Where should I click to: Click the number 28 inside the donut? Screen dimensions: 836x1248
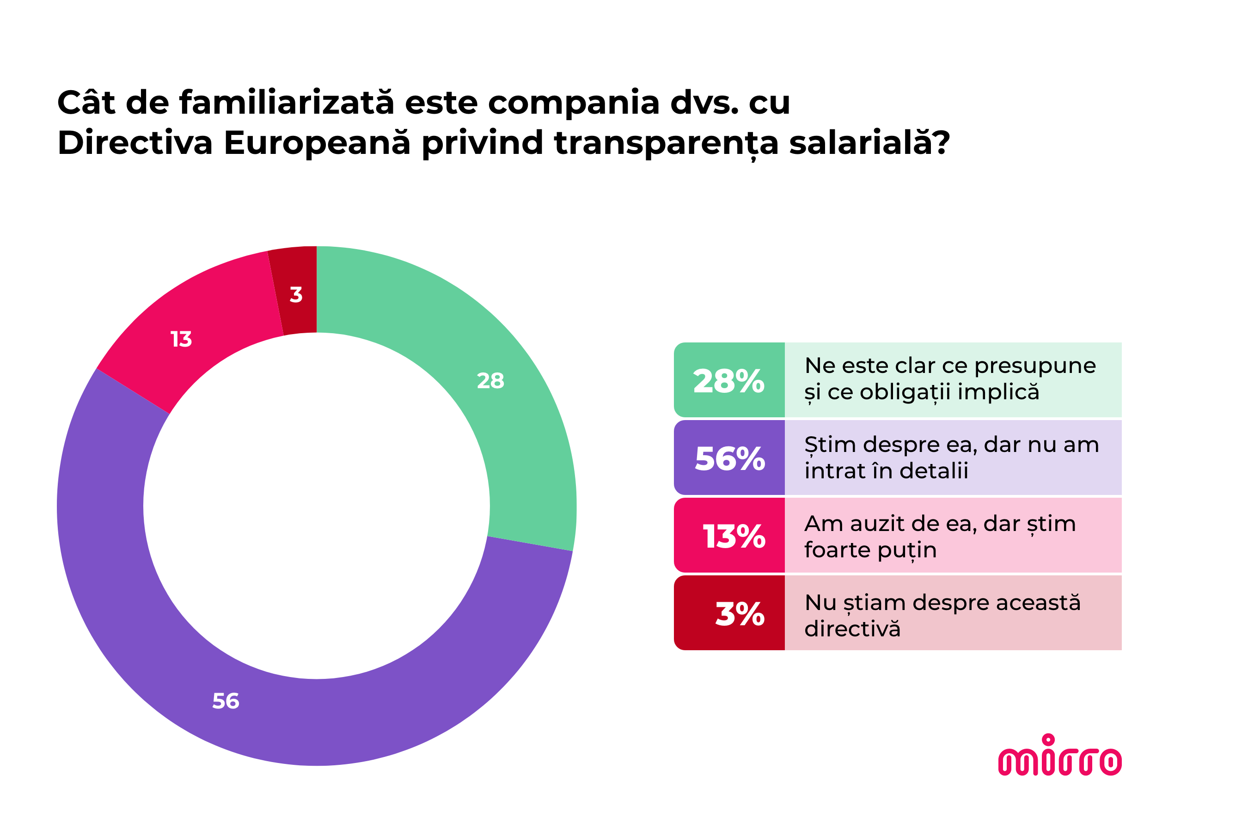490,381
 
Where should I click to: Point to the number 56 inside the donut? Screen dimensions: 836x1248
226,701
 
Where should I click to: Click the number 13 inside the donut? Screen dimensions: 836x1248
181,339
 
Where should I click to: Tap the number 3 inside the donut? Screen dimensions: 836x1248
296,294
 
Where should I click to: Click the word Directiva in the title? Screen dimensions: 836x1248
135,143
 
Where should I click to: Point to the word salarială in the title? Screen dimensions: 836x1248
869,143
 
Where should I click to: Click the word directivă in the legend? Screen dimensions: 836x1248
852,629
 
